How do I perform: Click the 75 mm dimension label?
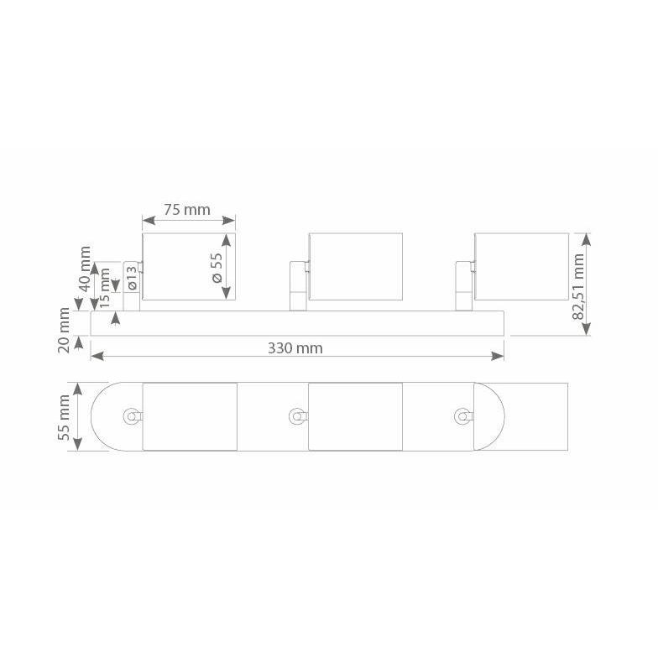[x=186, y=210]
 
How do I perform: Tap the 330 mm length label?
[x=295, y=348]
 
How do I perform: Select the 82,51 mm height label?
[x=579, y=286]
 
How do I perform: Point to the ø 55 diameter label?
[x=217, y=268]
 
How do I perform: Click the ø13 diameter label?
[x=132, y=278]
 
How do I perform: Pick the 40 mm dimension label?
[x=86, y=269]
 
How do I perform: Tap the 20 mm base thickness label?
[x=64, y=331]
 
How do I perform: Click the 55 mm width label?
[x=64, y=417]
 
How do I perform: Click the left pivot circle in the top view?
[x=131, y=416]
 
